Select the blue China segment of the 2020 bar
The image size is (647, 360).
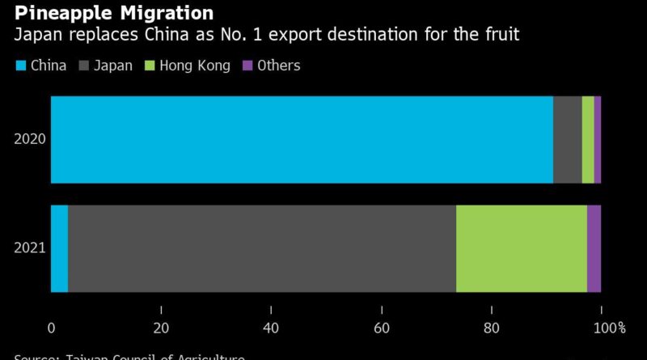(302, 139)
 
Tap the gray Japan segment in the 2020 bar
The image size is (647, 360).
(567, 139)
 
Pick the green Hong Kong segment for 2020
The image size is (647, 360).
(588, 139)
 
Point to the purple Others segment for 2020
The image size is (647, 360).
(598, 139)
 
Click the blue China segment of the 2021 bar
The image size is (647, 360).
(59, 248)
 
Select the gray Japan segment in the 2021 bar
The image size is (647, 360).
(262, 248)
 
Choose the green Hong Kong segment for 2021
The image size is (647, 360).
(522, 248)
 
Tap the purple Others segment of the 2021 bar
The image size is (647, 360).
(594, 248)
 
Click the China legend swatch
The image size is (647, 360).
(20, 66)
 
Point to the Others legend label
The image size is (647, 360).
(278, 66)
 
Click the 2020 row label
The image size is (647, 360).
(30, 139)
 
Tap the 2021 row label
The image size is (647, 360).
(30, 248)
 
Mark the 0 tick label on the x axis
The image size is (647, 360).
(51, 328)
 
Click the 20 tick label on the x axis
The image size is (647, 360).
(161, 328)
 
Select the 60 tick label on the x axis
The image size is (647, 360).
(381, 328)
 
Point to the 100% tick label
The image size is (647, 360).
(610, 328)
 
